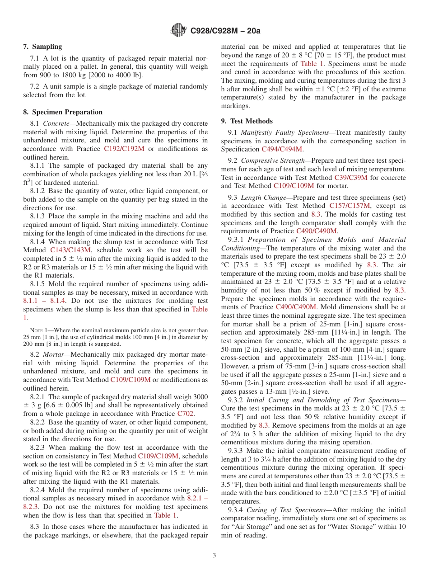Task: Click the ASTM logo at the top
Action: coord(179,31)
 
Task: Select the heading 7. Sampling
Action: coord(42,47)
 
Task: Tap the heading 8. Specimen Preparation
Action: coord(63,112)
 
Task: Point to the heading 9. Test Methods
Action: coord(247,121)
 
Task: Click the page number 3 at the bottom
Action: coord(214,556)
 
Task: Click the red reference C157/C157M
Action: coord(350,206)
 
